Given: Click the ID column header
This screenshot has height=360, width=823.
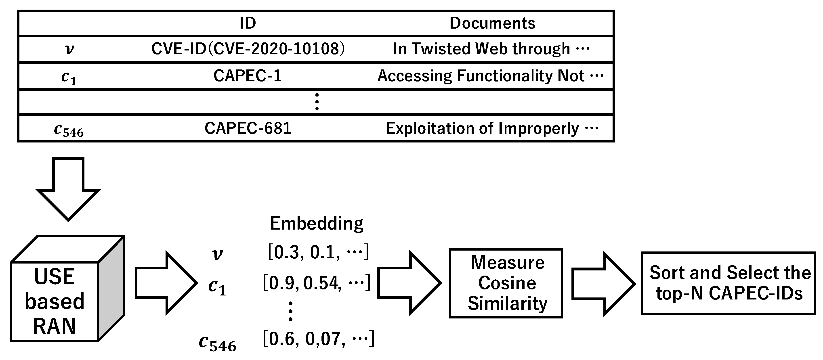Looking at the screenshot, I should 248,23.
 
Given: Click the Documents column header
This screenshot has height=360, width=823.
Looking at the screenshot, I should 492,23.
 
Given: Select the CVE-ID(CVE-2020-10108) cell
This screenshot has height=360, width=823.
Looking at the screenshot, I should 248,49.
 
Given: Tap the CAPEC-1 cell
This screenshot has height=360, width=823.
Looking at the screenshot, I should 247,76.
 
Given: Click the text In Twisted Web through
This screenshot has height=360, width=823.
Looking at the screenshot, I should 481,49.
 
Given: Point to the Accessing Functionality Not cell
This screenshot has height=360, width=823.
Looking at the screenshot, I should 481,76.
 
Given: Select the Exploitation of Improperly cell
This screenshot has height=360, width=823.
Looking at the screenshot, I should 482,128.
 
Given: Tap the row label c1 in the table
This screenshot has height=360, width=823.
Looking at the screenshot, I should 69,77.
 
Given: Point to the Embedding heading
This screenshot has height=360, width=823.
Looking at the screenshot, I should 316,223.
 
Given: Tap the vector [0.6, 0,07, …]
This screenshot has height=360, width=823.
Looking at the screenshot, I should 318,339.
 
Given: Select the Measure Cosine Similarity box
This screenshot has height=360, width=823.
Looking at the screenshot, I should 506,283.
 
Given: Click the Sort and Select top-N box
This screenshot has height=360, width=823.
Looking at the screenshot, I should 729,283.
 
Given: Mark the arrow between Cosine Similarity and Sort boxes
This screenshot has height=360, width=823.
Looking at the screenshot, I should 602,284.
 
